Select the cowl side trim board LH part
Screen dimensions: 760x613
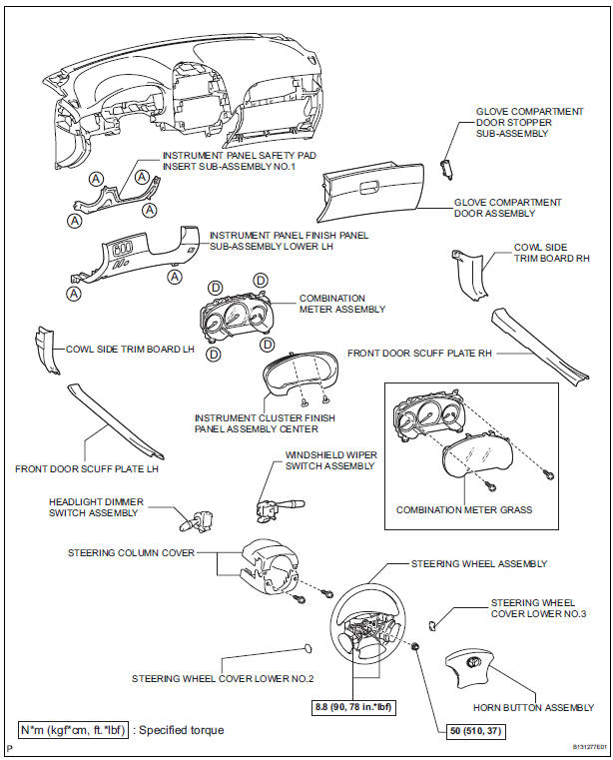tap(42, 348)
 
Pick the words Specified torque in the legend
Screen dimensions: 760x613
tap(183, 730)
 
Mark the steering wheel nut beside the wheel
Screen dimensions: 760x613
tap(414, 650)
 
